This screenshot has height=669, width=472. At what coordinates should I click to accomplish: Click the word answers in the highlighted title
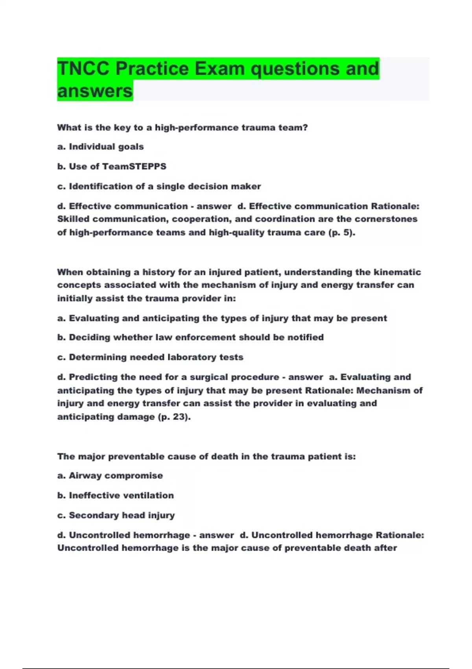95,91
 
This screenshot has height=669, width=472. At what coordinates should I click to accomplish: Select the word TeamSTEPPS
134,166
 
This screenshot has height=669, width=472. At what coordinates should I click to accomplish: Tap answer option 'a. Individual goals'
100,147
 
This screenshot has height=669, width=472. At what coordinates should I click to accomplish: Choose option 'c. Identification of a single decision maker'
159,187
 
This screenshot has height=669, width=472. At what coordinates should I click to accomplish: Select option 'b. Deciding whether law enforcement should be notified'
190,338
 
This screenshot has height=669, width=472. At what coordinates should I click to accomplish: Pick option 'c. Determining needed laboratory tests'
150,357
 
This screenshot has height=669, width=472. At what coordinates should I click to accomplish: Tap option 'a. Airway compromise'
110,476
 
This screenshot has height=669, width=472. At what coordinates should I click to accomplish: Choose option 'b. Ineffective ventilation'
115,495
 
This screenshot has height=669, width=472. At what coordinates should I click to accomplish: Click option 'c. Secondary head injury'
116,516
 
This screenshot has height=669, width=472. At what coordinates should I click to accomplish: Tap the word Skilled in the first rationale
73,219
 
